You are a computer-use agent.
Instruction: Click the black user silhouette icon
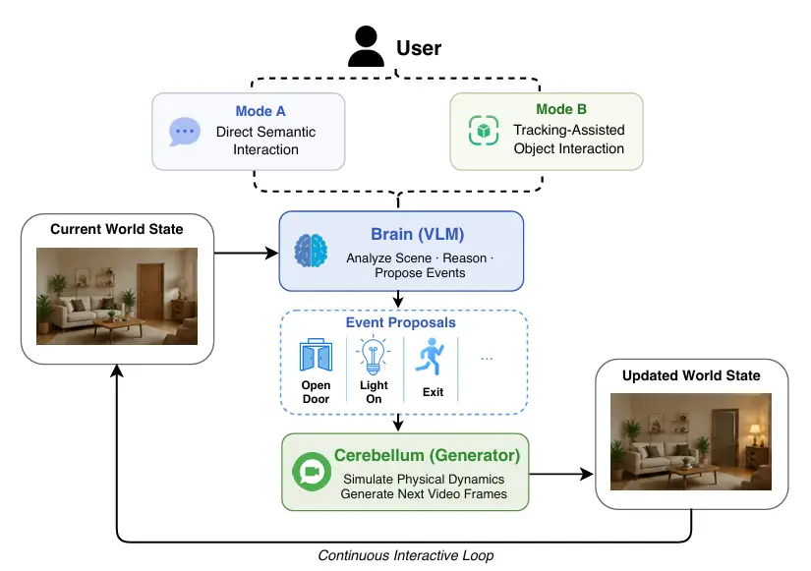coord(367,46)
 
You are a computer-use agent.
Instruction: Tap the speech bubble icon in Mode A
coord(185,132)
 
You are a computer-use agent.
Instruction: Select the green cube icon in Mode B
coord(484,131)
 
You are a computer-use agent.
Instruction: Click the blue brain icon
coord(311,251)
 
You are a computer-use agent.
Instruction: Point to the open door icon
coord(316,356)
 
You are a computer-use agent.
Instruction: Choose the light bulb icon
coord(373,356)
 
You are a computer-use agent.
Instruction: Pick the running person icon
coord(431,357)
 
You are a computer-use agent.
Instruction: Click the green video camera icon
coord(312,472)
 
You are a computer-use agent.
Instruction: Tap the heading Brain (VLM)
coord(418,234)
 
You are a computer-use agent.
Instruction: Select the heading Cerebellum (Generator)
coord(427,455)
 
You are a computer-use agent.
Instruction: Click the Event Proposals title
coord(401,322)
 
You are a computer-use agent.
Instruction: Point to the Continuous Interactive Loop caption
coord(405,555)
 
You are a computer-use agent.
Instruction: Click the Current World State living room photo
coord(117,297)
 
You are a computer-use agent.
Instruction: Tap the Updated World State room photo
coord(691,441)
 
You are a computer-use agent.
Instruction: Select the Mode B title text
coord(561,109)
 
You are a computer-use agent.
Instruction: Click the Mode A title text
coord(261,111)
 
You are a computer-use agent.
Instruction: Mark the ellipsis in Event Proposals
coord(487,359)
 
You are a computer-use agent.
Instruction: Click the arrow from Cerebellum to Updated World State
coord(561,474)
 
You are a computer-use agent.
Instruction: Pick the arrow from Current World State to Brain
coord(246,253)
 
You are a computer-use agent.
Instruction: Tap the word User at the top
coord(419,48)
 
